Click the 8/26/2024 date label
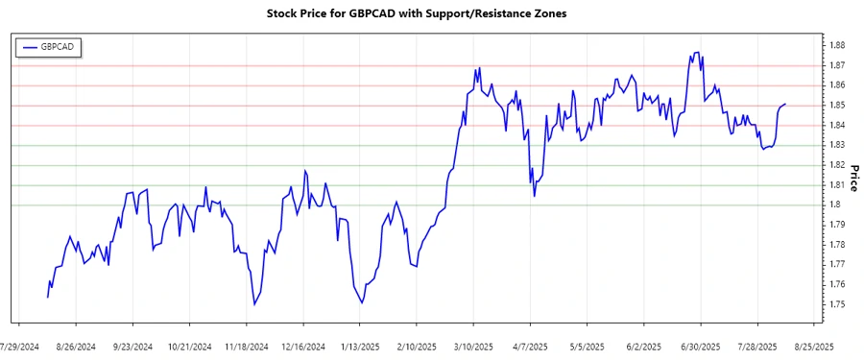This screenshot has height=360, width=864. click(76, 346)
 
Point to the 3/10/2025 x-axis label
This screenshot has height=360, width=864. click(473, 346)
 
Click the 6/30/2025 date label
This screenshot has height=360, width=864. click(701, 346)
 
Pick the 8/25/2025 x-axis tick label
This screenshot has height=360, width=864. click(813, 346)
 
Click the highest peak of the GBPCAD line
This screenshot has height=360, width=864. click(697, 52)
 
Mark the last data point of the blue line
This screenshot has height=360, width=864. click(785, 104)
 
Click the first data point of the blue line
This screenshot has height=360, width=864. click(47, 298)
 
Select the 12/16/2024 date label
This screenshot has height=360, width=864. click(302, 346)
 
